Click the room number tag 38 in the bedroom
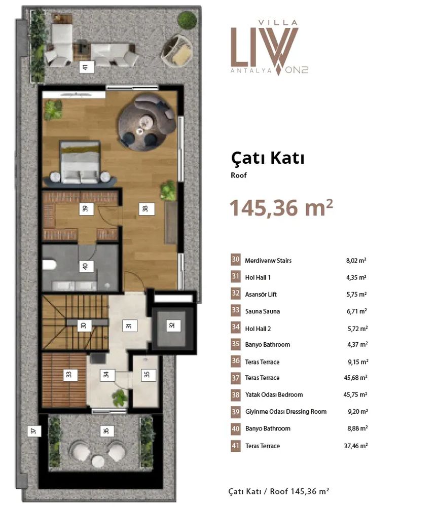click(147, 208)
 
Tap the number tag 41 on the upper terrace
click(87, 67)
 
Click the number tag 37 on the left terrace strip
click(34, 430)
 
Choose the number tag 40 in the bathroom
click(86, 267)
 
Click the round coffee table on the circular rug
click(145, 122)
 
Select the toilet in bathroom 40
click(49, 265)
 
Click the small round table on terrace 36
click(98, 461)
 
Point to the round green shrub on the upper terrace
click(187, 20)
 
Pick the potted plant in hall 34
click(120, 397)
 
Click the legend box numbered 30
click(235, 260)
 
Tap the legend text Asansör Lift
click(261, 294)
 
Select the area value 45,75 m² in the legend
click(355, 394)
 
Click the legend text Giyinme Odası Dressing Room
click(286, 412)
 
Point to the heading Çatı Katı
click(268, 158)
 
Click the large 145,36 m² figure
click(281, 207)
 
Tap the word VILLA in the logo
click(278, 23)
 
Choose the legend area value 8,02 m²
click(356, 260)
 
